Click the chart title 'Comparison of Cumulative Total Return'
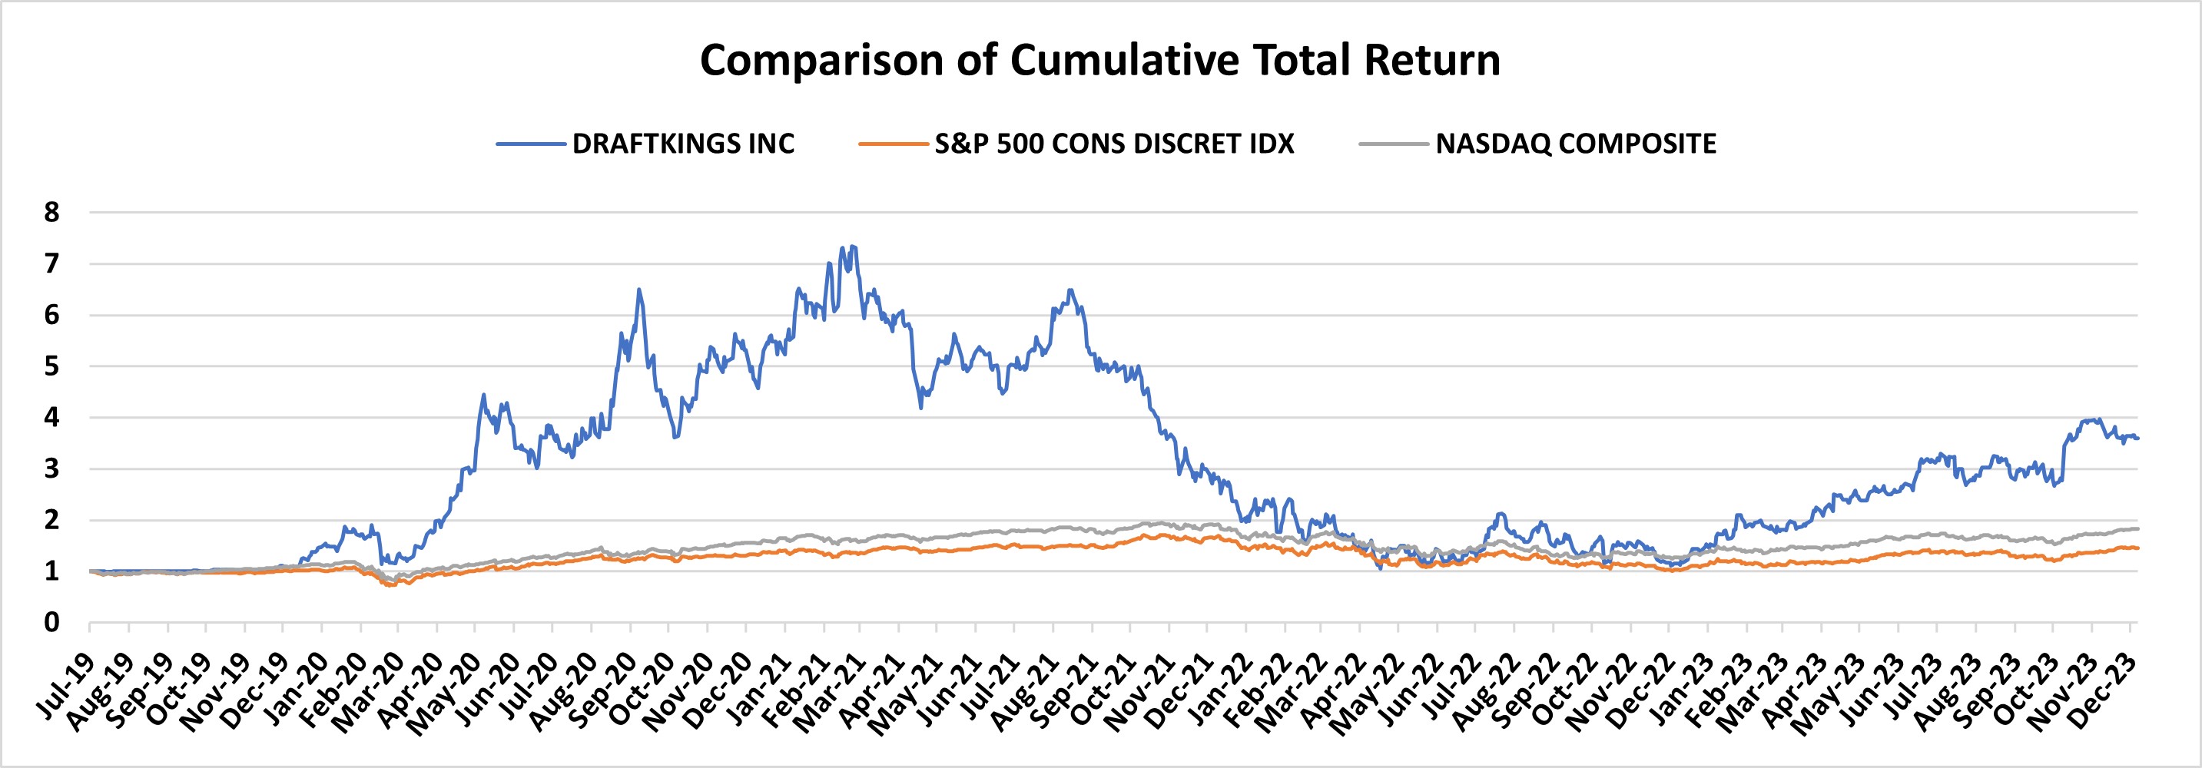(1100, 61)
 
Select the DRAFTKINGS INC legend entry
(683, 144)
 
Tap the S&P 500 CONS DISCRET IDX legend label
(1114, 144)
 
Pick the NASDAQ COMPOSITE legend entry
(1575, 144)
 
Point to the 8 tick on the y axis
(53, 213)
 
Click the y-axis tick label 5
(53, 366)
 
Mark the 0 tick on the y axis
(53, 623)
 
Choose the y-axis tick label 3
(53, 469)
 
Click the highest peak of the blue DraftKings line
(854, 246)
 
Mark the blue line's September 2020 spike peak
(638, 289)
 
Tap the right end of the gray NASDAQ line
(2137, 529)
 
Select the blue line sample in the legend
(531, 144)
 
